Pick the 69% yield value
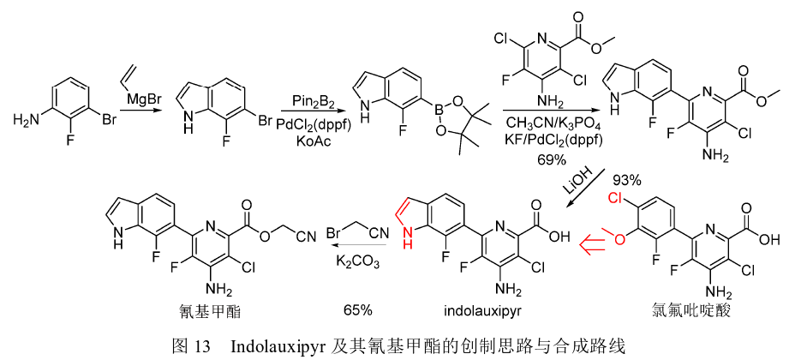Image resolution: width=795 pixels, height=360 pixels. [x=552, y=160]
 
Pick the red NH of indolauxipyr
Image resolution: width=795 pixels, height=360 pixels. [x=403, y=244]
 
